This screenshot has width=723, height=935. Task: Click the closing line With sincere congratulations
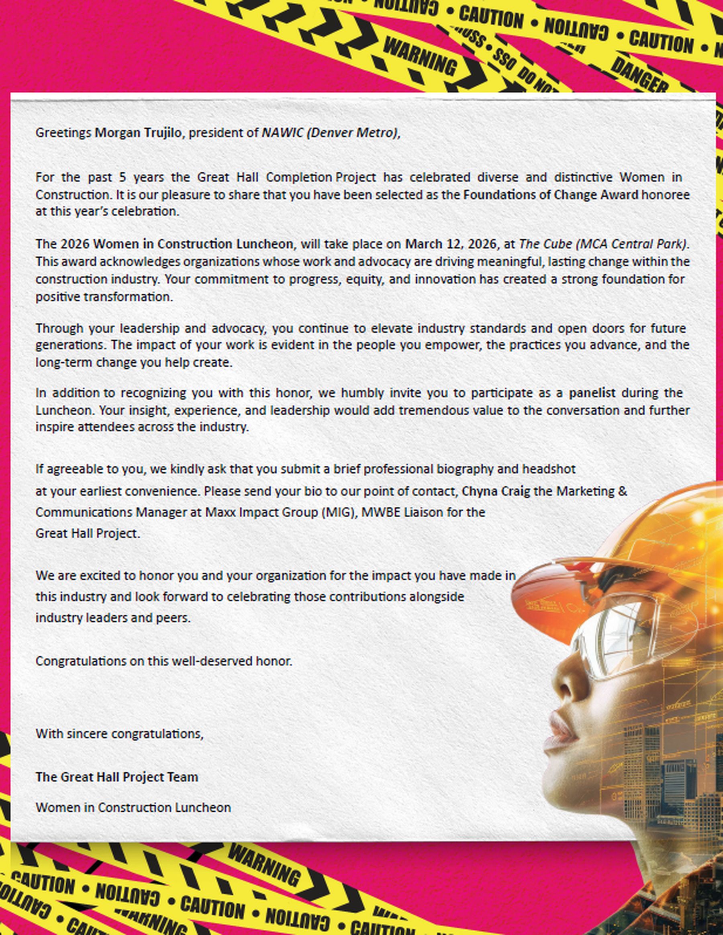point(119,734)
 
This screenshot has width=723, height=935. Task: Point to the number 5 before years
point(123,177)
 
